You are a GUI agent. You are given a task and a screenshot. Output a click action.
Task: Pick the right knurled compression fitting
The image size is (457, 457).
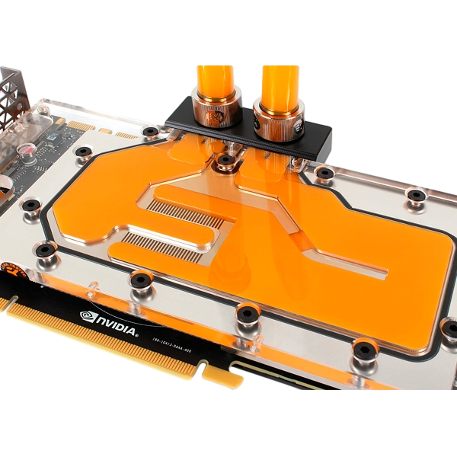[275, 123]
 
